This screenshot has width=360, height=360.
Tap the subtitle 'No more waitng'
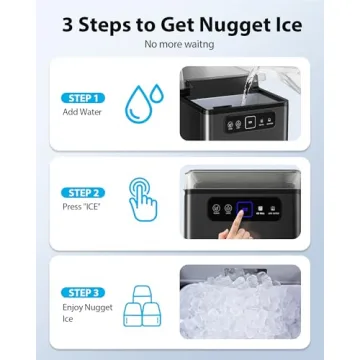[x=179, y=44]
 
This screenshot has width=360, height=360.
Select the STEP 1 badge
[x=82, y=98]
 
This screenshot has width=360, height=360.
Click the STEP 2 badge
[x=82, y=191]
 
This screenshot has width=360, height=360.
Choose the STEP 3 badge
[x=82, y=291]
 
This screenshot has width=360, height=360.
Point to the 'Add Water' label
[x=75, y=111]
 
